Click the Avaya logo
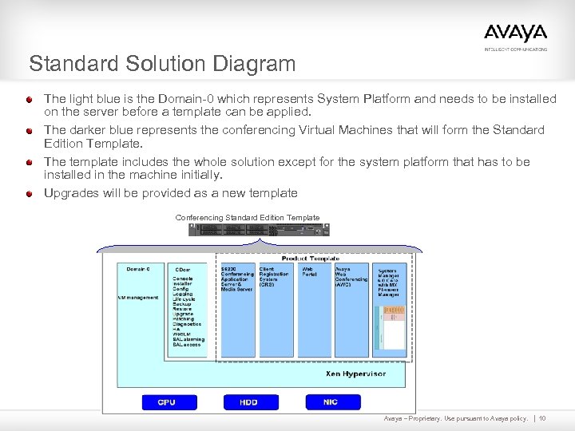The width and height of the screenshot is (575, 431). click(515, 34)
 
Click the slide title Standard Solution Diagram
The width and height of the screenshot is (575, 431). click(162, 63)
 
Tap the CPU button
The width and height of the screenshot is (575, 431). click(166, 402)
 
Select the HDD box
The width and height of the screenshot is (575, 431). click(248, 402)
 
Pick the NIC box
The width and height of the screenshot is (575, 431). click(331, 402)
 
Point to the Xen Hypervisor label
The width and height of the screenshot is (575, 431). click(355, 374)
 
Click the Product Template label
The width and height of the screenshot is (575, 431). click(311, 259)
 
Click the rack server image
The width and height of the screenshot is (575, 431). click(259, 230)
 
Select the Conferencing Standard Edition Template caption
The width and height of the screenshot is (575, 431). click(248, 218)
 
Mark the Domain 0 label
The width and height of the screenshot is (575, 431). click(137, 269)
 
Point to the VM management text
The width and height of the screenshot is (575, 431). click(138, 298)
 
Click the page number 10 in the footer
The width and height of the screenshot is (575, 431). click(542, 418)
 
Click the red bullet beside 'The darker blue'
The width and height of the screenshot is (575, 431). click(29, 130)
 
